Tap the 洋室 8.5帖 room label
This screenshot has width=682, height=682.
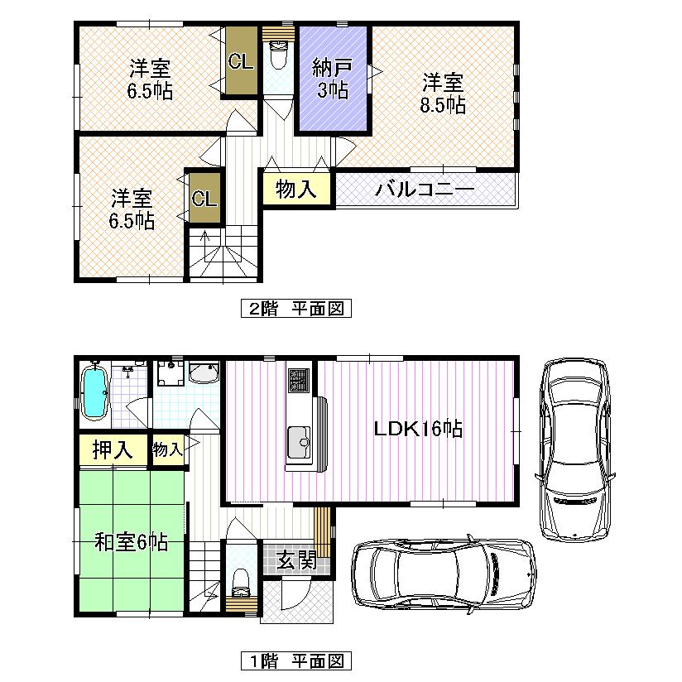point(444,94)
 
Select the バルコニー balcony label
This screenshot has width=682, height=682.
point(425,190)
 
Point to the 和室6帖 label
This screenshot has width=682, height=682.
point(131,543)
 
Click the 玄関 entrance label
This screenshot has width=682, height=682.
point(296,560)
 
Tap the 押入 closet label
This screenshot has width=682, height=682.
point(112,450)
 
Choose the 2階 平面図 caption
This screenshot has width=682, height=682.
point(295,309)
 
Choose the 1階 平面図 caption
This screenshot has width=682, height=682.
point(295,661)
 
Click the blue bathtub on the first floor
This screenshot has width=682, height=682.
point(96,395)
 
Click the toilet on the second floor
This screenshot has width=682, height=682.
point(277,56)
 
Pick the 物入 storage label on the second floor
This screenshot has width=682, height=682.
point(296,190)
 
